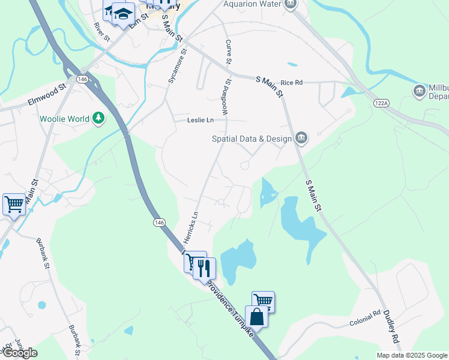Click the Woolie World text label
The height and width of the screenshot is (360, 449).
tap(64, 119)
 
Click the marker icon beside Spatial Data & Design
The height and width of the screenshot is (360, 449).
tap(301, 139)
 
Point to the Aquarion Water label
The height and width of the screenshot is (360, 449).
tap(252, 4)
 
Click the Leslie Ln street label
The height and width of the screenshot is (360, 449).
tap(200, 120)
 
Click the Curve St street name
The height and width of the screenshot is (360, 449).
tap(229, 52)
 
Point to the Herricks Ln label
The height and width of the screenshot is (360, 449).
tap(190, 227)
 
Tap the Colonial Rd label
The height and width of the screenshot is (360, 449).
tap(366, 319)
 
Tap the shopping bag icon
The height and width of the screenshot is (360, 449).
tap(256, 316)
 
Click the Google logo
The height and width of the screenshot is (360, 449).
tap(20, 353)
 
